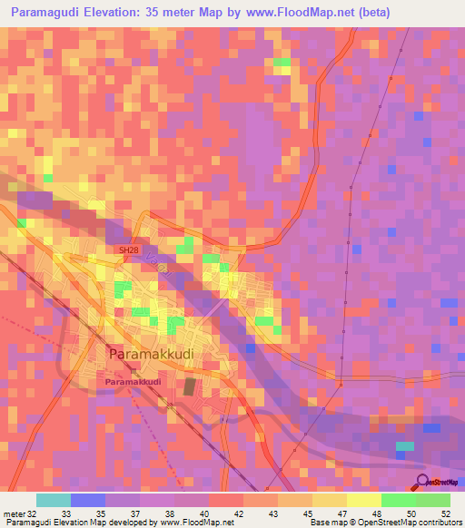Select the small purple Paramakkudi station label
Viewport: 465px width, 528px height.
coord(133,382)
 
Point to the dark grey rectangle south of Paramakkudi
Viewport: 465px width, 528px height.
coord(190,386)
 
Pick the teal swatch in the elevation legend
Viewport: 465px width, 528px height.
coord(53,500)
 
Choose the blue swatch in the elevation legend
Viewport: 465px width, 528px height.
coord(88,500)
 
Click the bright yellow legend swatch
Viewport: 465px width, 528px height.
coord(363,500)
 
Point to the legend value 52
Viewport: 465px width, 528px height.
coord(445,513)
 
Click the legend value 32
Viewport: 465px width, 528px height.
coord(35,513)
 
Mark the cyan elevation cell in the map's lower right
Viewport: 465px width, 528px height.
coord(404,446)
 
